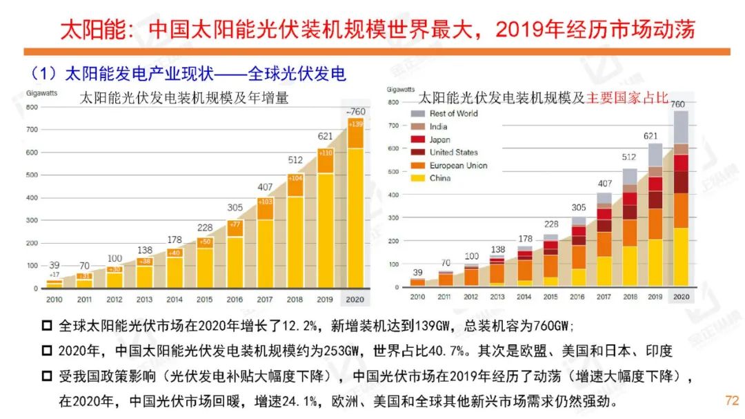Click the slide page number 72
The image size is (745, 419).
pos(732,400)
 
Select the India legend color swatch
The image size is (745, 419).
pos(417,126)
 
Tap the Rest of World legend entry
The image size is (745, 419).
pos(453,113)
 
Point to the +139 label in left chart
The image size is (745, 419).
pos(356,124)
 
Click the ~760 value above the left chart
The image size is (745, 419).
pos(356,112)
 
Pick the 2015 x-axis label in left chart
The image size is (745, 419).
pos(205,299)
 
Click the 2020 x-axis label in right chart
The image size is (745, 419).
pos(680,296)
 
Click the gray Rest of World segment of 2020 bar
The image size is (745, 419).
pos(680,127)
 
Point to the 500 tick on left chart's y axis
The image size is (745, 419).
pos(32,175)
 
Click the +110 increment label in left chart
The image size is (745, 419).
pos(326,153)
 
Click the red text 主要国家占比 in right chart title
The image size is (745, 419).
pos(628,98)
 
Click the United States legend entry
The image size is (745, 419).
pos(453,153)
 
